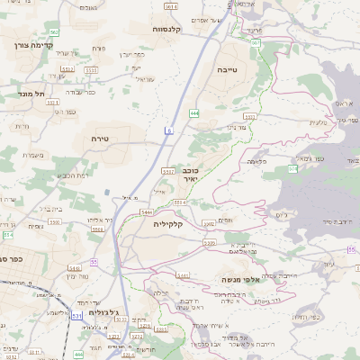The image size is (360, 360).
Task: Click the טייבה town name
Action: point(226,68)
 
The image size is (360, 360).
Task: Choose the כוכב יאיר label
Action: point(209,173)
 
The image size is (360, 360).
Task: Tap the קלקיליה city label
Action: point(167,223)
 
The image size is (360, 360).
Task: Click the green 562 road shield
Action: point(54,32)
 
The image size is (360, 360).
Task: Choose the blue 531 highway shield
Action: point(76,316)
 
